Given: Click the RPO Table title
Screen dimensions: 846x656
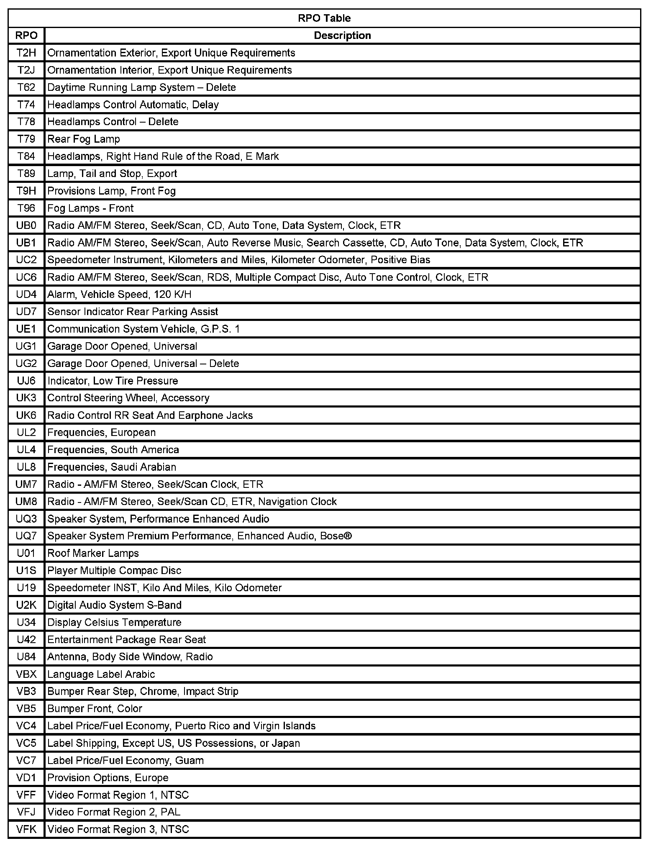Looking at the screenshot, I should (324, 18).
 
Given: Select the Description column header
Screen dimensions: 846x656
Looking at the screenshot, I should (342, 36).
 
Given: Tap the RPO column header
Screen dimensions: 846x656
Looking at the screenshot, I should (26, 36).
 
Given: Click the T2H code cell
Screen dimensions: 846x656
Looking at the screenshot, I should (26, 53).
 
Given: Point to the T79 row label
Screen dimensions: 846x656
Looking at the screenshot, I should (26, 139).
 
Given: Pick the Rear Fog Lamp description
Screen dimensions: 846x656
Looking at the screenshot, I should (84, 139).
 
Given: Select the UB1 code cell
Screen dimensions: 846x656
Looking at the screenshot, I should (26, 243).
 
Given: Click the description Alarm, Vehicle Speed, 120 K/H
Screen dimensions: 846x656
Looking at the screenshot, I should (119, 295).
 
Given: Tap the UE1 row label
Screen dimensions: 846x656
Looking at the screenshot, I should (26, 329).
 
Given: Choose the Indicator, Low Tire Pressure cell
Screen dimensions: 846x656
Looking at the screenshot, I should (113, 381).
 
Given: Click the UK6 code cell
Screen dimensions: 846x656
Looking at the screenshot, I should (26, 415).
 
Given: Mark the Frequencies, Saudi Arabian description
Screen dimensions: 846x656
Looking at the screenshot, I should (112, 467).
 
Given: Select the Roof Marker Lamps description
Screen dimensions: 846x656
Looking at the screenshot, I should (93, 553).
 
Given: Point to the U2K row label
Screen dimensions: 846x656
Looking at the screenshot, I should (26, 605).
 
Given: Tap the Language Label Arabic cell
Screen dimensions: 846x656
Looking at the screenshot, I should (101, 674).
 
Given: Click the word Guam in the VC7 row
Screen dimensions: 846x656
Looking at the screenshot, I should (190, 760).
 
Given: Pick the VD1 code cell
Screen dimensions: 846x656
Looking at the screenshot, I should (26, 777).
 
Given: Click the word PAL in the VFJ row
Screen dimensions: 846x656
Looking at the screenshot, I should (171, 812).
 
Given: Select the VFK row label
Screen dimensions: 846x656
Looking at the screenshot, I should (26, 829).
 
